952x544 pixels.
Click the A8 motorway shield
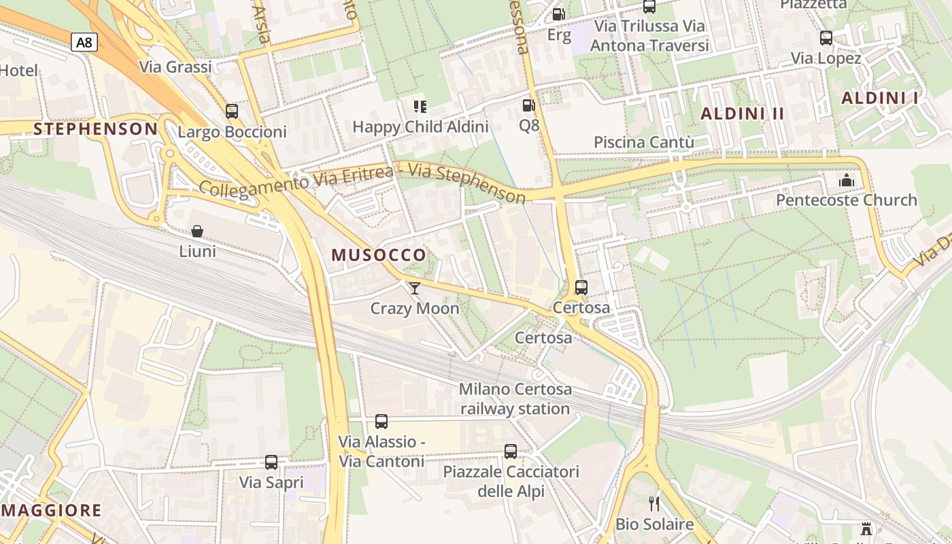tap(84, 43)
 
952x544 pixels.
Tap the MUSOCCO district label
tap(379, 255)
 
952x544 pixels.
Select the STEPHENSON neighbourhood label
tap(96, 129)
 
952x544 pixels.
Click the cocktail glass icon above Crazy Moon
tap(415, 288)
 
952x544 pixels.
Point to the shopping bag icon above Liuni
tap(197, 232)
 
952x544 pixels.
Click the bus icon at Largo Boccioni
tap(232, 112)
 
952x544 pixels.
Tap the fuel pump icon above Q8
tap(528, 105)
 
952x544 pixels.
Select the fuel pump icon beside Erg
tap(558, 14)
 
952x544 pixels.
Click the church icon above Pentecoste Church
tap(847, 180)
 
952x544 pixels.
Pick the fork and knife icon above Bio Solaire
tap(654, 504)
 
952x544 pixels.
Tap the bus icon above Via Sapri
tap(271, 462)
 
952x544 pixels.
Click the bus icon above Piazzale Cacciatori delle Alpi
tap(511, 451)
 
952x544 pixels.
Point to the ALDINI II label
tap(743, 114)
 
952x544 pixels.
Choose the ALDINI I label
tap(880, 98)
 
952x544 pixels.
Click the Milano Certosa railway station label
tap(515, 399)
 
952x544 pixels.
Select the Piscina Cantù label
tap(644, 142)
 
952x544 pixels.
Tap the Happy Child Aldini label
tap(420, 126)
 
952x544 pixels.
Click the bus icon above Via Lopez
tap(826, 38)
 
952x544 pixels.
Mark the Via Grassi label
tap(175, 67)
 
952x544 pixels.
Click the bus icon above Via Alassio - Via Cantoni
tap(381, 422)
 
